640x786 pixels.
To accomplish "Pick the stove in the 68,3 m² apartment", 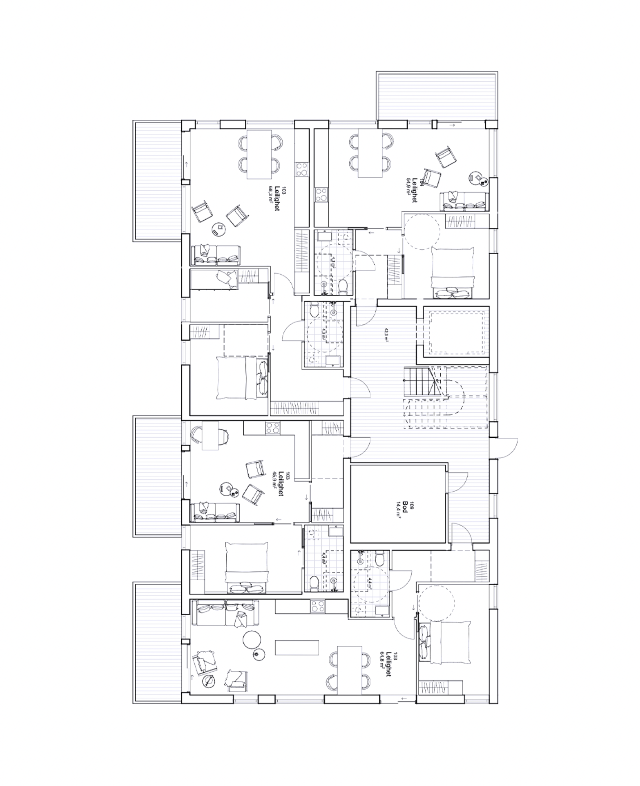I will (302, 169).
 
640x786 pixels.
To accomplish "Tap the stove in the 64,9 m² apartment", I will (321, 194).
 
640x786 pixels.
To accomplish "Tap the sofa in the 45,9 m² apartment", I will (215, 511).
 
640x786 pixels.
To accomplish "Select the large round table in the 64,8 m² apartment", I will (252, 639).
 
